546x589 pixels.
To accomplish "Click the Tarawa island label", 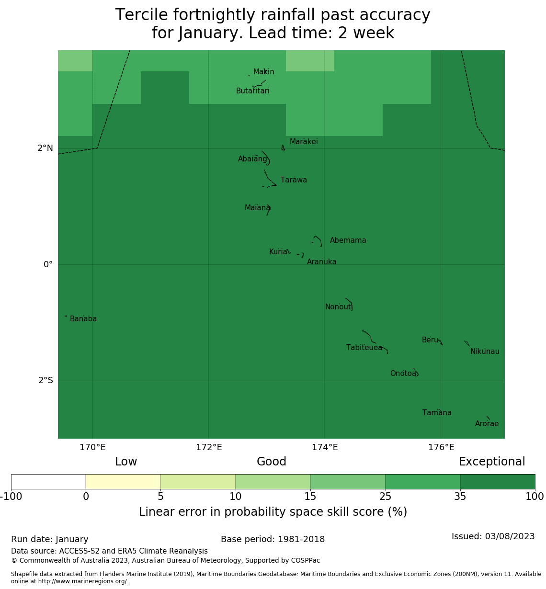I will tap(294, 181).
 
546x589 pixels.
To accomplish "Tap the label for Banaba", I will tap(83, 319).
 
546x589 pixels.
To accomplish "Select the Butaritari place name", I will tap(252, 91).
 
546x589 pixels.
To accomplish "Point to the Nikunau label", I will tap(485, 351).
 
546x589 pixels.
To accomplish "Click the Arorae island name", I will tap(487, 424).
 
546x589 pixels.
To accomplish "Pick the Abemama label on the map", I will tap(348, 240).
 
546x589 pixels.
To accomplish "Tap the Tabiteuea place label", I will tap(364, 348).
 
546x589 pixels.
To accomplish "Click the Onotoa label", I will tap(403, 374).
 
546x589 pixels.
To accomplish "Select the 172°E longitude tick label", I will tap(209, 448).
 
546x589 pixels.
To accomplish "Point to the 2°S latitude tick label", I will tap(45, 381).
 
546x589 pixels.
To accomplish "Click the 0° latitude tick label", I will tap(48, 265).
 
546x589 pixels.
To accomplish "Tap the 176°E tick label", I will tap(441, 448).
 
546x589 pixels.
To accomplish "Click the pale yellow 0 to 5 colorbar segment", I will tap(123, 482).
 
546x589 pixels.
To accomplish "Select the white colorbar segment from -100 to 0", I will tap(48, 482).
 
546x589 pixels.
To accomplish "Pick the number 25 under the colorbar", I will tap(385, 497).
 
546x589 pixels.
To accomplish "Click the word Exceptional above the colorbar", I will tap(492, 462).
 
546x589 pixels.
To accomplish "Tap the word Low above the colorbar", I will tap(126, 462).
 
